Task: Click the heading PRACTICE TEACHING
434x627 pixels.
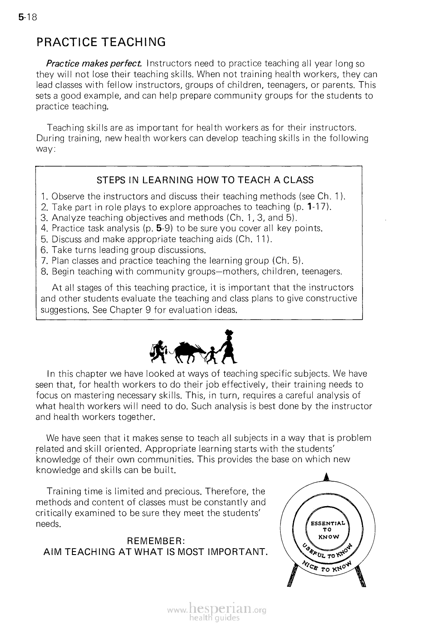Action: click(x=101, y=42)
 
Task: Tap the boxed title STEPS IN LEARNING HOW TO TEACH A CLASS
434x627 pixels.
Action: click(x=205, y=180)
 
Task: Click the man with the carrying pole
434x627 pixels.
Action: click(x=159, y=348)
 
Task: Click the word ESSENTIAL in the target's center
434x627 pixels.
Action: click(x=326, y=523)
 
